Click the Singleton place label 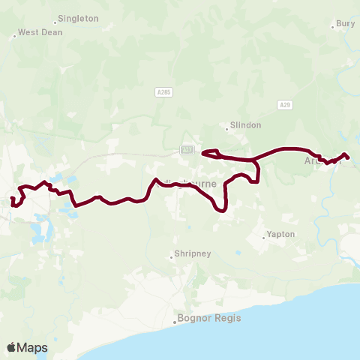(x=78, y=18)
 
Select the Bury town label (x=346, y=24)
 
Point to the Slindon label (x=247, y=126)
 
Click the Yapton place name (x=281, y=235)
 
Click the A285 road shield (x=164, y=91)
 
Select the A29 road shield (x=284, y=104)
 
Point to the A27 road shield (x=187, y=150)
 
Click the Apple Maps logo (x=27, y=347)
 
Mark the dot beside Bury (x=333, y=27)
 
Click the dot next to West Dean (x=14, y=35)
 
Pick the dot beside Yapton (x=264, y=237)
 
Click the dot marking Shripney (x=172, y=258)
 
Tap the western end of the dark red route (x=12, y=197)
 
